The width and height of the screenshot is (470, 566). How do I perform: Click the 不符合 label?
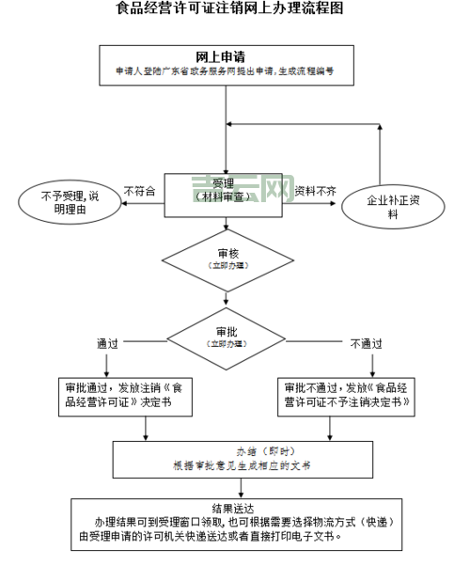pos(139,191)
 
